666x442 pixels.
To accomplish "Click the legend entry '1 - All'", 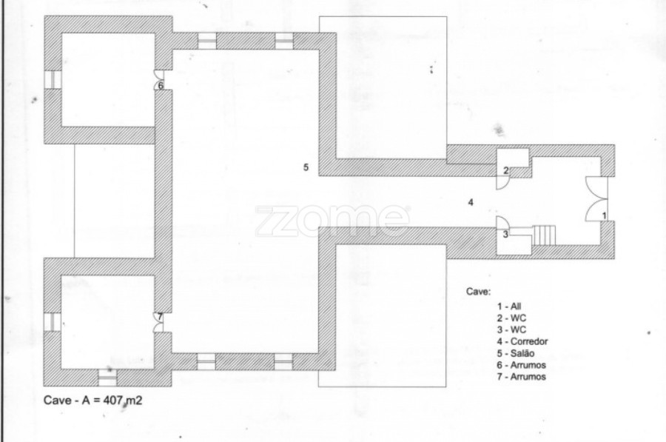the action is tap(509, 307).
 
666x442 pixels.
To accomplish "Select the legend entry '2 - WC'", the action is tap(511, 318).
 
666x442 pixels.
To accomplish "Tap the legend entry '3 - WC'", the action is tap(511, 329).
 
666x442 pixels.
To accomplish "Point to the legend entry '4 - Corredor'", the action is tap(522, 341).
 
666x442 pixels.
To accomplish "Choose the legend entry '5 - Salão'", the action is tap(516, 353).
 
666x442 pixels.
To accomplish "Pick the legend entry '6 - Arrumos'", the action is tap(522, 365).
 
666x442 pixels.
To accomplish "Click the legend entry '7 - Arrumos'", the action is tap(522, 377).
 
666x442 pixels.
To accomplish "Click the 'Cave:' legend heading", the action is tap(478, 292).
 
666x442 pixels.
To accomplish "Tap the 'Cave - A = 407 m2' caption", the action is tap(92, 401).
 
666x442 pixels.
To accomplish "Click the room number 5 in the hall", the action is tap(306, 167).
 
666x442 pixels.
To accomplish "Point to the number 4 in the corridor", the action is tap(471, 202).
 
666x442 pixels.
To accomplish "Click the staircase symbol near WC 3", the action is tap(544, 235).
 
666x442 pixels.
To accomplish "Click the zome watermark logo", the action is tap(332, 221).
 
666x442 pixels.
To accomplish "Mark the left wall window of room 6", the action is tap(53, 79).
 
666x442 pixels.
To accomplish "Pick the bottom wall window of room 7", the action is tap(107, 378).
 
